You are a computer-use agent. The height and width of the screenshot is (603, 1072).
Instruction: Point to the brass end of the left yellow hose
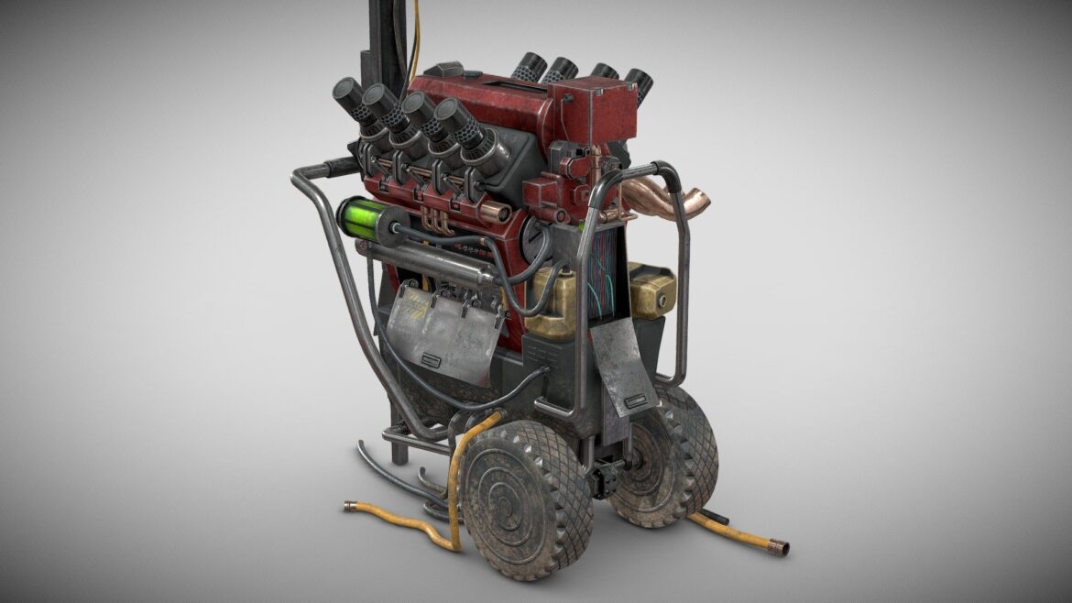[350, 505]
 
